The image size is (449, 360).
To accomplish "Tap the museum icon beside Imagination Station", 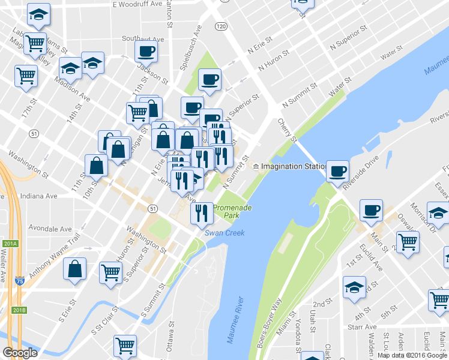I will (x=256, y=166).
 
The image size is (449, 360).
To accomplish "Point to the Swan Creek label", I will (x=224, y=233).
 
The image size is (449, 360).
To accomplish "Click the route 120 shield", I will (x=221, y=26).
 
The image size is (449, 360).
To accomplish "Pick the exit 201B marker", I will (x=19, y=310).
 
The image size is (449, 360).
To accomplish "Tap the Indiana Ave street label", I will (x=38, y=196).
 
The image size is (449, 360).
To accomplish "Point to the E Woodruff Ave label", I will (x=137, y=4).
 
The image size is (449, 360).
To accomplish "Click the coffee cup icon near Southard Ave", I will (x=146, y=52).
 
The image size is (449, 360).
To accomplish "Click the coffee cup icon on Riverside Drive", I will (x=337, y=171).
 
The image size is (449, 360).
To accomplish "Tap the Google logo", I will (x=20, y=353).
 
